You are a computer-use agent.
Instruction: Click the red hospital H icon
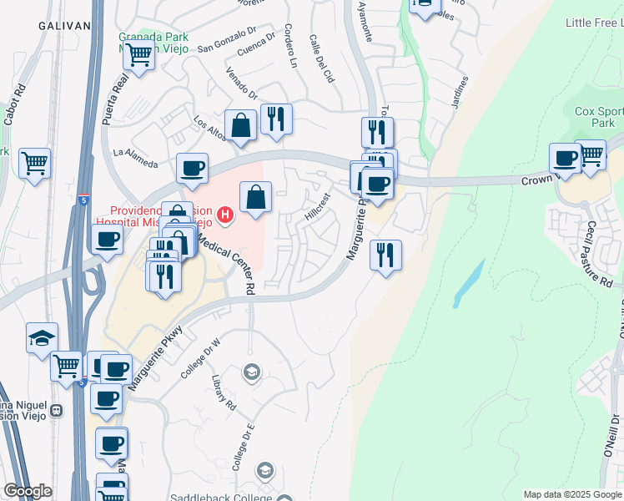224,216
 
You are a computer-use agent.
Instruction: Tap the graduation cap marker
42,338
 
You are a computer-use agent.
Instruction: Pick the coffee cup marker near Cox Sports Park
565,158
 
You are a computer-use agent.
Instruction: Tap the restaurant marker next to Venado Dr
275,119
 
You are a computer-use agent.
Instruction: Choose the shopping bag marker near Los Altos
240,126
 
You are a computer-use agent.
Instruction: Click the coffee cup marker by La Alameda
192,170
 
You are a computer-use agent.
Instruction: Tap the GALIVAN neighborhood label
63,26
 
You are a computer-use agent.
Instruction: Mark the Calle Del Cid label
321,58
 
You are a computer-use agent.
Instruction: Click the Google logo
28,491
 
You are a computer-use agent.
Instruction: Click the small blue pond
469,284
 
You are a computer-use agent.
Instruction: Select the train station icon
57,411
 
